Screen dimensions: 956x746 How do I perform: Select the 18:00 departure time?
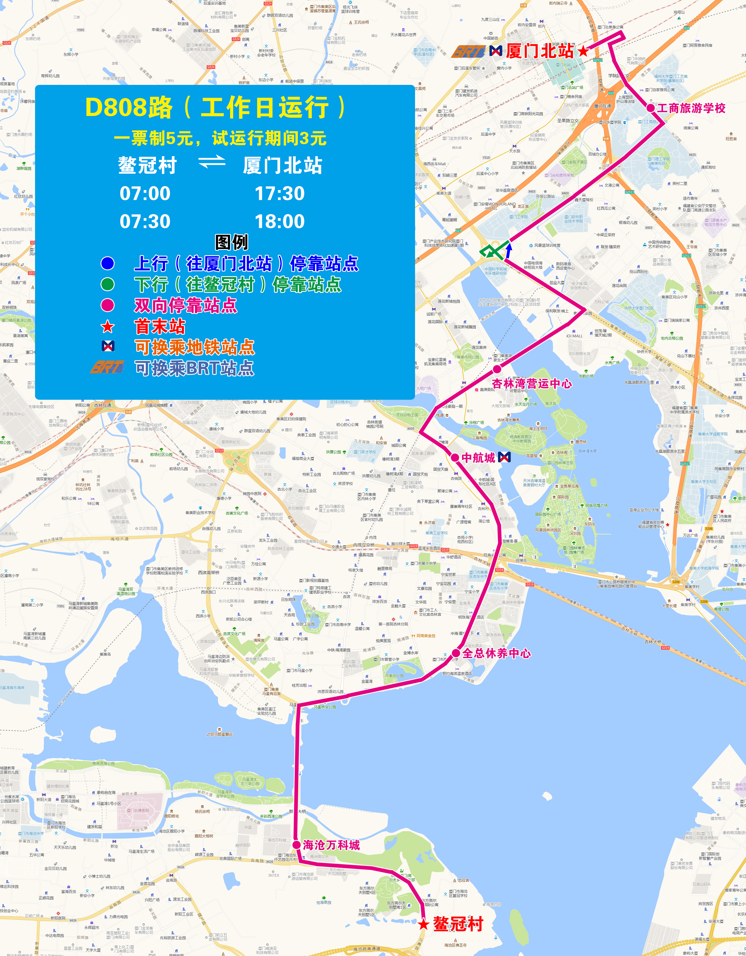pyautogui.click(x=280, y=221)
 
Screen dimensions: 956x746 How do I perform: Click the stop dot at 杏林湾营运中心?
pyautogui.click(x=497, y=369)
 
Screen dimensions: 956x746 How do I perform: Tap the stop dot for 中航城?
pyautogui.click(x=455, y=457)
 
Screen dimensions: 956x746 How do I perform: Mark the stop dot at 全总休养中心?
pyautogui.click(x=456, y=653)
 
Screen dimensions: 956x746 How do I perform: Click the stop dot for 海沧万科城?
pyautogui.click(x=296, y=845)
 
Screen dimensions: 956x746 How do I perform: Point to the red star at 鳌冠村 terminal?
pyautogui.click(x=423, y=924)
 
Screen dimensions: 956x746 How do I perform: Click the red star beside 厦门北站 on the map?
pyautogui.click(x=584, y=51)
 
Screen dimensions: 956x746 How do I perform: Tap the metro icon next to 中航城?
pyautogui.click(x=504, y=457)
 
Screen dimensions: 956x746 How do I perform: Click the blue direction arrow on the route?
pyautogui.click(x=509, y=250)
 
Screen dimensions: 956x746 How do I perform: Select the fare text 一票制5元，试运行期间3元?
pyautogui.click(x=220, y=138)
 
